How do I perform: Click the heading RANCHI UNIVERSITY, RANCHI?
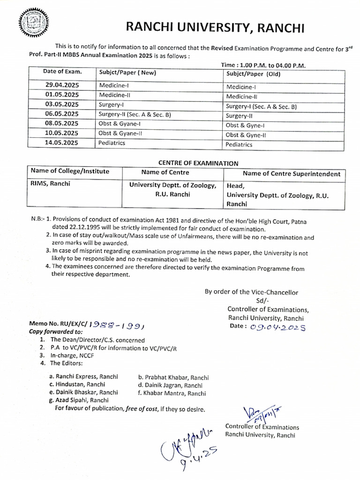[215, 28]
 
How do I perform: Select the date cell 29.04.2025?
[62, 85]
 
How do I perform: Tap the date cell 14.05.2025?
[62, 143]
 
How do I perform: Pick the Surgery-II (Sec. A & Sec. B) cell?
[135, 114]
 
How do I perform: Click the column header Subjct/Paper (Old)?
[250, 74]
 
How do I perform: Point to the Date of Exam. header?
[62, 72]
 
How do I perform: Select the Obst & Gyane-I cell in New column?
[120, 124]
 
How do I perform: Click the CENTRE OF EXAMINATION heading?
[198, 163]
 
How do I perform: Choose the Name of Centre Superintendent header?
[292, 173]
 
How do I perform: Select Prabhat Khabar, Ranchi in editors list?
[173, 377]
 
